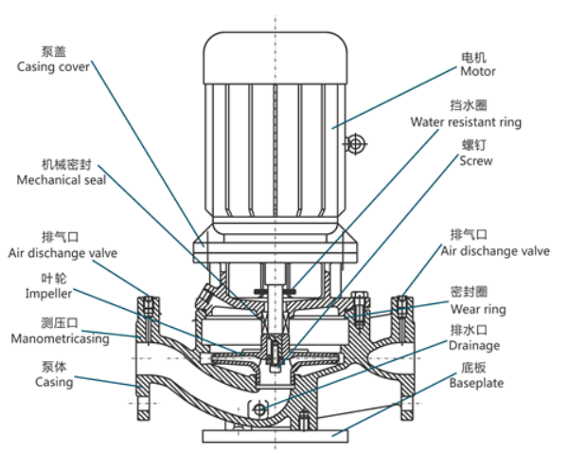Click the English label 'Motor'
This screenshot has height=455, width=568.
point(478,71)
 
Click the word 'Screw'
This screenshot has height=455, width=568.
point(476,161)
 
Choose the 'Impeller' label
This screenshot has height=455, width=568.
point(41,294)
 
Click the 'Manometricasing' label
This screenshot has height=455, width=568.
point(59,338)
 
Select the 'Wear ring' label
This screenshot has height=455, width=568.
point(477,309)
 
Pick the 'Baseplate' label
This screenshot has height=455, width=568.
point(476,383)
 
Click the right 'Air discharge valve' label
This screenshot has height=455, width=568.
point(495,251)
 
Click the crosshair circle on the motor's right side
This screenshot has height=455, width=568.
point(356,144)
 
